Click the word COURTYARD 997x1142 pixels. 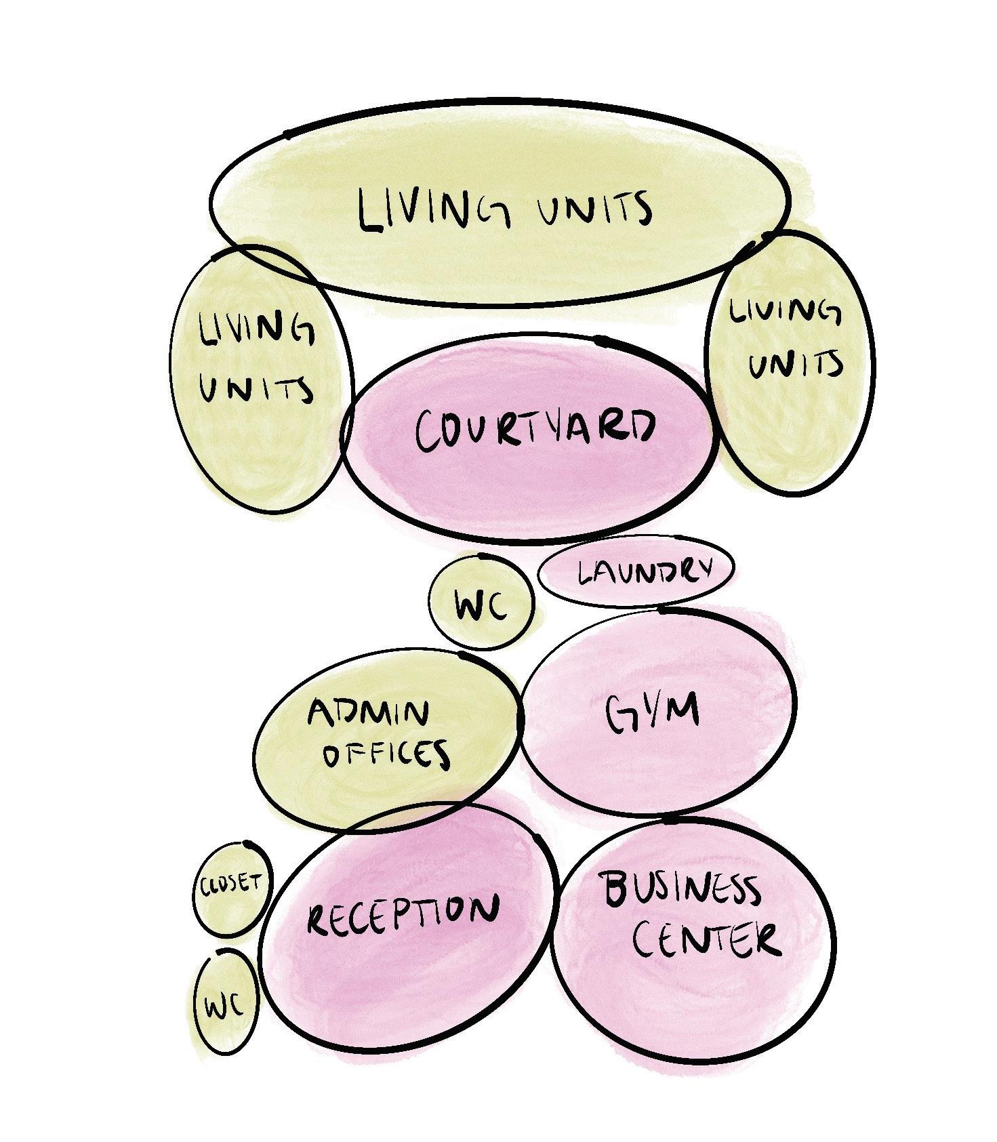tap(535, 430)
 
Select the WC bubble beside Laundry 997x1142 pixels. tap(481, 603)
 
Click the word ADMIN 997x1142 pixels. tap(369, 713)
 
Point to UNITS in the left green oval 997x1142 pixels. tap(256, 389)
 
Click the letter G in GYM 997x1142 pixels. tap(621, 715)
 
